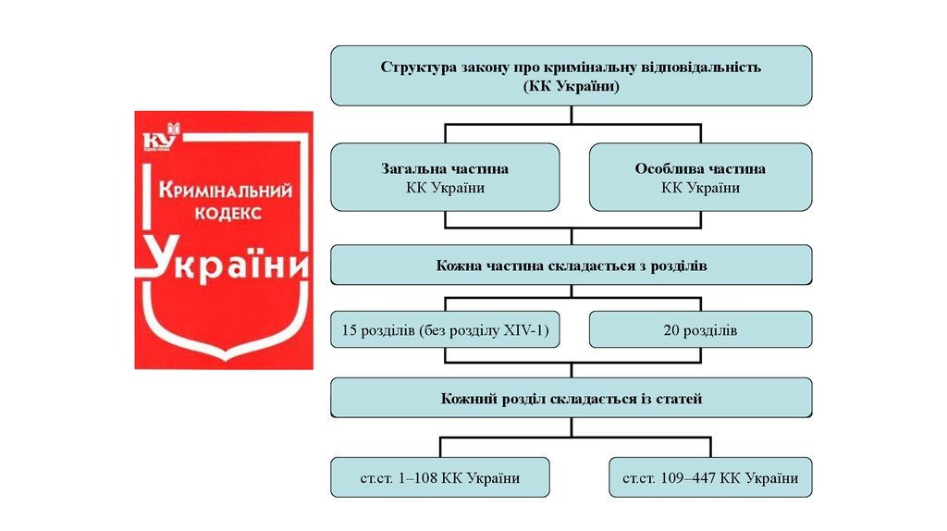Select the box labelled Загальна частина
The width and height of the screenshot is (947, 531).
tap(445, 177)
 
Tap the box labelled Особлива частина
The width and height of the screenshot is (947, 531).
tap(701, 177)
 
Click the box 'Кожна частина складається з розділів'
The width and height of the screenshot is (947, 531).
tap(572, 265)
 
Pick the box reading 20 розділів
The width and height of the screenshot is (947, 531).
tap(701, 330)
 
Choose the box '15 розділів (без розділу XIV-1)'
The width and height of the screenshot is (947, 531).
tap(445, 330)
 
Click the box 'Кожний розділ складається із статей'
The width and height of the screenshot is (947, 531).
tap(572, 398)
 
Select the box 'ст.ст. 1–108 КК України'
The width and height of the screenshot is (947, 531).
tap(440, 477)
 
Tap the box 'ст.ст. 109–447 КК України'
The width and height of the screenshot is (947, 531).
tap(710, 477)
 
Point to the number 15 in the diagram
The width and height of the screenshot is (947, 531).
tap(349, 330)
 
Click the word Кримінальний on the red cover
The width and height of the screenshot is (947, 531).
tap(226, 191)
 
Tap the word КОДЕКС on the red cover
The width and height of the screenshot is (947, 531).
tap(228, 214)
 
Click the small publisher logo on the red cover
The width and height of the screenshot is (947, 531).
tap(162, 137)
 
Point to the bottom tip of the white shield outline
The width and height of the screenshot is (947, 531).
tap(226, 361)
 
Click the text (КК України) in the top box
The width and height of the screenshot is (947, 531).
tap(572, 86)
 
